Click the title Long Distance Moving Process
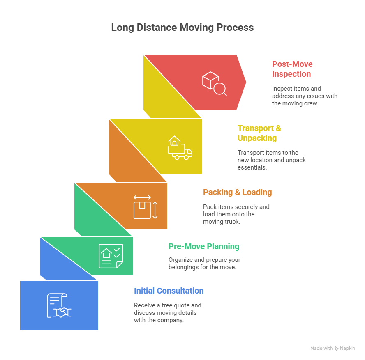point(182,28)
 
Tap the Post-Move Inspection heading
point(292,69)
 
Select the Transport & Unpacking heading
point(259,133)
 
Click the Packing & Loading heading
point(237,192)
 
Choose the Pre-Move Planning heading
point(204,246)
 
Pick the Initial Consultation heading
point(169,291)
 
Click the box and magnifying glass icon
point(214,83)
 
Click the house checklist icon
point(111,256)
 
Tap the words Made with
point(321,348)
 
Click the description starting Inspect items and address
point(305,96)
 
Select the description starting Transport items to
point(271,160)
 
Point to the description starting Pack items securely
point(236,214)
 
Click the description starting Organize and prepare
point(204,263)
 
